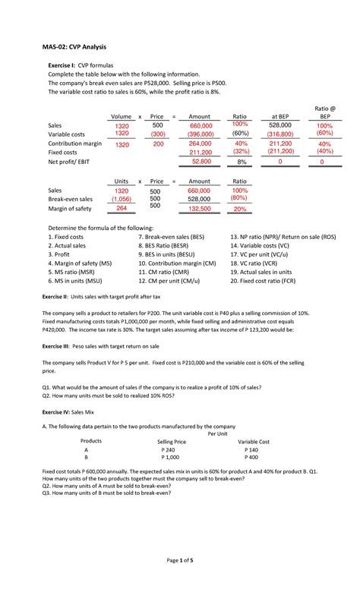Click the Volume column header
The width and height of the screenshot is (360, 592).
pyautogui.click(x=121, y=116)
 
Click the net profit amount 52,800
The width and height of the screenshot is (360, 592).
pyautogui.click(x=201, y=162)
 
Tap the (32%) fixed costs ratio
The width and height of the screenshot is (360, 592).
pyautogui.click(x=241, y=152)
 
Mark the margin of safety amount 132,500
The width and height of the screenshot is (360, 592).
pyautogui.click(x=199, y=209)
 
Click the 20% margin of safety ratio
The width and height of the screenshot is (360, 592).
pyautogui.click(x=240, y=209)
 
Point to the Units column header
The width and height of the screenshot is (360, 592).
pyautogui.click(x=122, y=181)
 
